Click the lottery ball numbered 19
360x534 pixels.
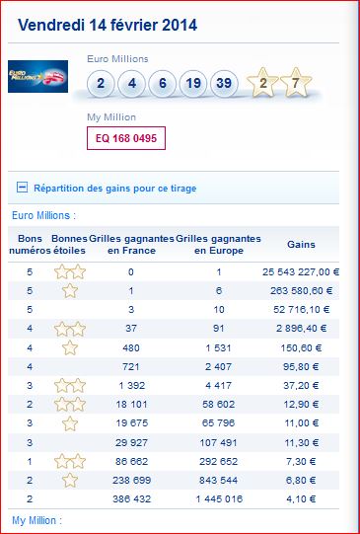[x=193, y=84]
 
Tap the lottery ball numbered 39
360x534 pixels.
[x=224, y=84]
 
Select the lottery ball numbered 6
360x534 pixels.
[x=163, y=84]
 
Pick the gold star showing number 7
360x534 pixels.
[x=296, y=82]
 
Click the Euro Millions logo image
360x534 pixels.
[x=37, y=76]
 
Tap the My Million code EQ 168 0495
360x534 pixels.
[x=126, y=138]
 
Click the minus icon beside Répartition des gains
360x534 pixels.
[x=22, y=188]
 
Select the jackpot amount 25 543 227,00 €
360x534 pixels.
[x=301, y=272]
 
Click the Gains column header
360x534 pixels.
[x=301, y=245]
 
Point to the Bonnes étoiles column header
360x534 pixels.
[x=69, y=245]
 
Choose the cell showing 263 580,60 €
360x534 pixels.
[x=302, y=291]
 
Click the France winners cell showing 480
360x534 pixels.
[x=131, y=348]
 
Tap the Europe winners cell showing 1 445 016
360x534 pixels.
[x=219, y=499]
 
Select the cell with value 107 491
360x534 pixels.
[x=219, y=443]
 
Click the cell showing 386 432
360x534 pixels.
[x=131, y=499]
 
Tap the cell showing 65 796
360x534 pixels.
[x=219, y=423]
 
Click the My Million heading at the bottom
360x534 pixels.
[x=37, y=520]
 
